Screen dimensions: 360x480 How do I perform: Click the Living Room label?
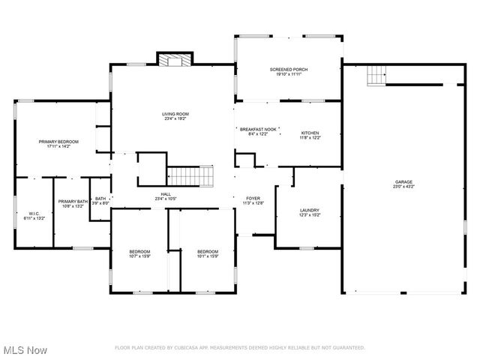click(173, 114)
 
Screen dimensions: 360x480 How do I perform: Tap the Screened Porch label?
click(289, 70)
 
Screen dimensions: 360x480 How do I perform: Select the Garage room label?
click(404, 181)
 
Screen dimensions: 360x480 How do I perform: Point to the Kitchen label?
click(310, 133)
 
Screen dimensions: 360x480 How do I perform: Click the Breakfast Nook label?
click(259, 130)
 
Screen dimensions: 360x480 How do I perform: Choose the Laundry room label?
click(310, 210)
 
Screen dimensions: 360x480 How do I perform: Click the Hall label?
click(167, 193)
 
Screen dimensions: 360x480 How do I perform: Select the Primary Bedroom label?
click(58, 142)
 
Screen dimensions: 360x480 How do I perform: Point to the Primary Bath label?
click(73, 202)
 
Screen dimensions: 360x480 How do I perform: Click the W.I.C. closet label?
click(34, 214)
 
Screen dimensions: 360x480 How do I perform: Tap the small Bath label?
click(100, 199)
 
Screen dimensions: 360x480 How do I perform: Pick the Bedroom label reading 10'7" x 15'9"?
click(139, 251)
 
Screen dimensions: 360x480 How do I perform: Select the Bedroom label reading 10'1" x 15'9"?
click(208, 251)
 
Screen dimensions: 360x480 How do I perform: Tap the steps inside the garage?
click(376, 75)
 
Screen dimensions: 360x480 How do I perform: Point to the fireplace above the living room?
click(175, 60)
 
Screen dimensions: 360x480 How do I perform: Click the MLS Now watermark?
click(25, 350)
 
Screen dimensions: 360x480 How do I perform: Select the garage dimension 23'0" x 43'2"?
click(404, 186)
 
